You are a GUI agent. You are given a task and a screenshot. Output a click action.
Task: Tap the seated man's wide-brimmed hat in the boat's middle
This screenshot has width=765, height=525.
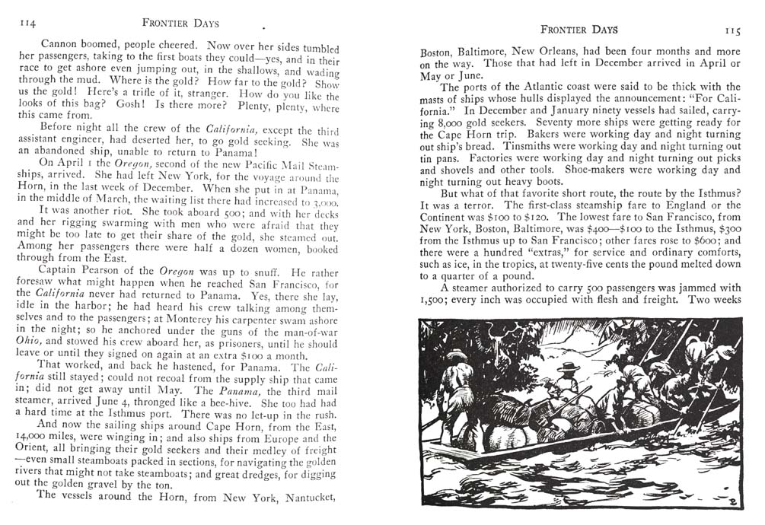click(x=566, y=367)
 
